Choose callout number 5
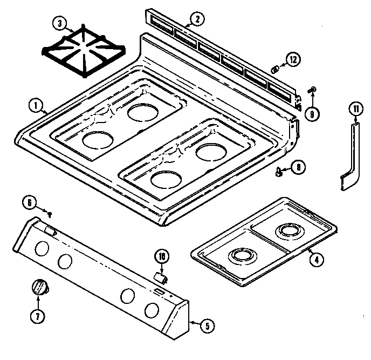tap(207, 325)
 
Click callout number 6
tap(30, 203)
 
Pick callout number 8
tap(297, 168)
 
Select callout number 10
tap(161, 256)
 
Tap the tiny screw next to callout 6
tap(49, 214)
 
